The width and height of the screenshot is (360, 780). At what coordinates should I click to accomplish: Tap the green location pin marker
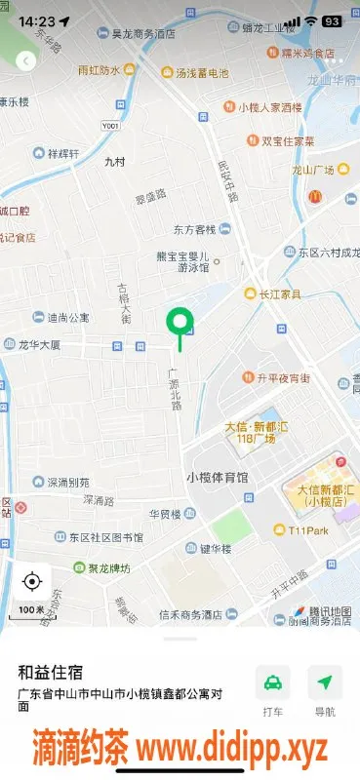(x=179, y=322)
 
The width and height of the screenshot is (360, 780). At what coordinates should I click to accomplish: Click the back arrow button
(x=26, y=60)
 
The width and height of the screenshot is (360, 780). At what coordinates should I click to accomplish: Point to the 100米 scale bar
(x=31, y=609)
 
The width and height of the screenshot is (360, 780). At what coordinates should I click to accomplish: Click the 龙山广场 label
(x=313, y=170)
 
